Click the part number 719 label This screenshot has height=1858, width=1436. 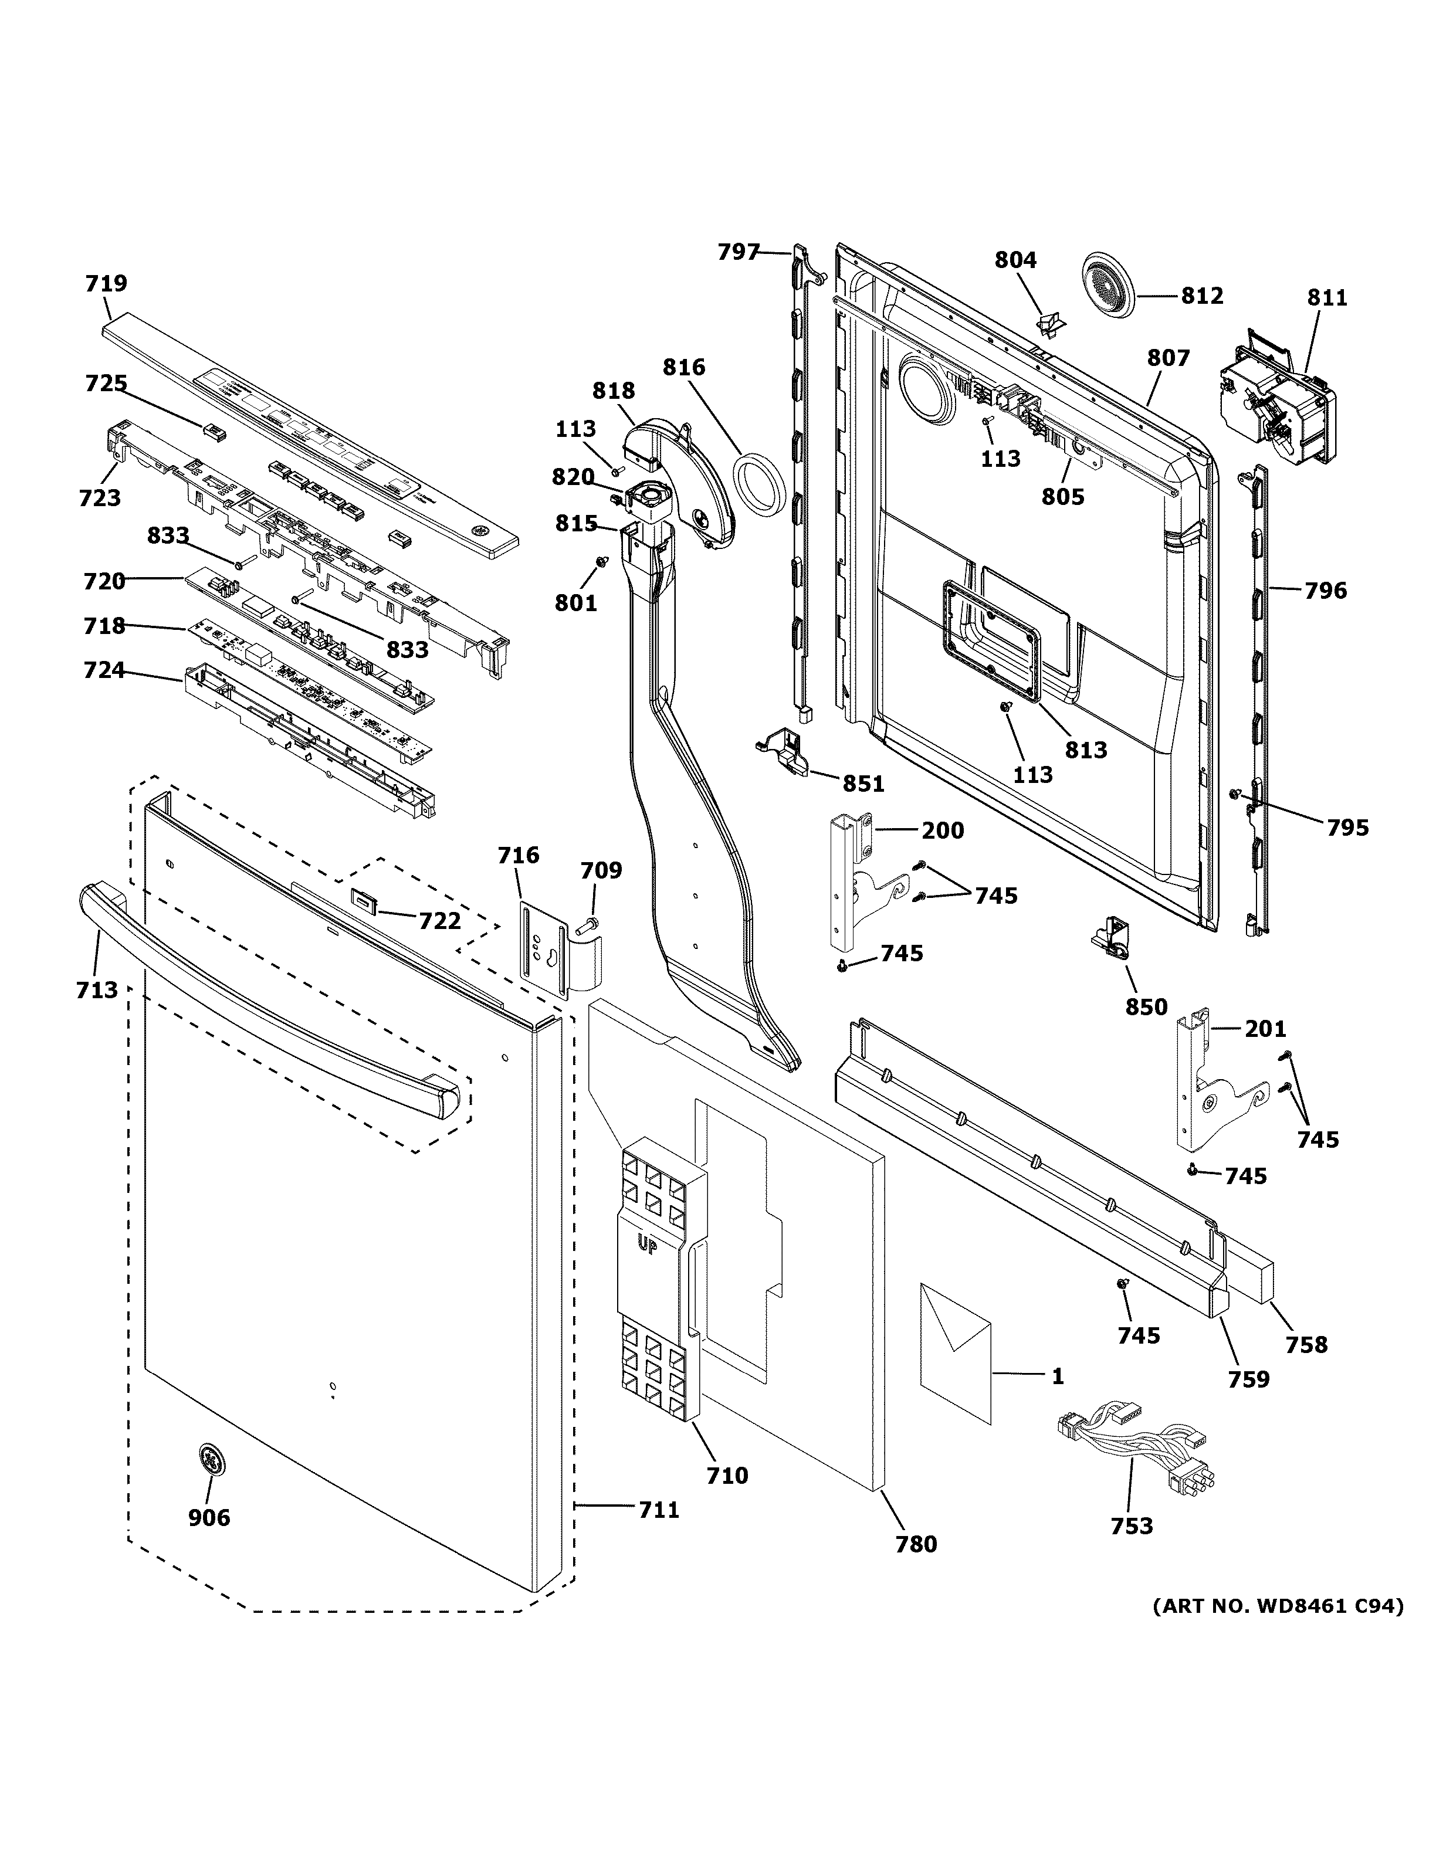[x=106, y=283]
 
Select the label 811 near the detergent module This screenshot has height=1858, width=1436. [x=1327, y=298]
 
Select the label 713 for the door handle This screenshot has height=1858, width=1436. [x=96, y=989]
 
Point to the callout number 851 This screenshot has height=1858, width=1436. [x=863, y=784]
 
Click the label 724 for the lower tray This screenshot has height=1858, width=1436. [x=104, y=670]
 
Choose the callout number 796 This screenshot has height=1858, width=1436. [x=1325, y=589]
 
